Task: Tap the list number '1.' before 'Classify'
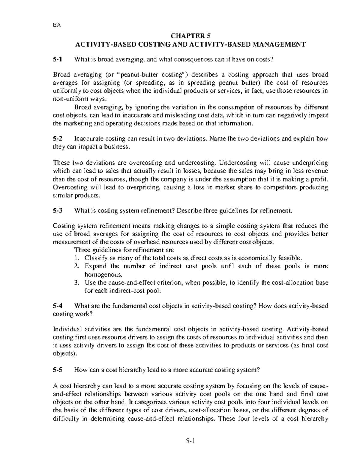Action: (77, 258)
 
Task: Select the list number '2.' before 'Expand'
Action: (77, 266)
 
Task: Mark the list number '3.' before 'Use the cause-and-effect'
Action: (77, 282)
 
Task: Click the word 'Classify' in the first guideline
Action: (94, 258)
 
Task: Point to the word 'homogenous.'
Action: (99, 274)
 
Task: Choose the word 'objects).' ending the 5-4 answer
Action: (65, 353)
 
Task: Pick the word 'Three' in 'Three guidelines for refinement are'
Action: (81, 250)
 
